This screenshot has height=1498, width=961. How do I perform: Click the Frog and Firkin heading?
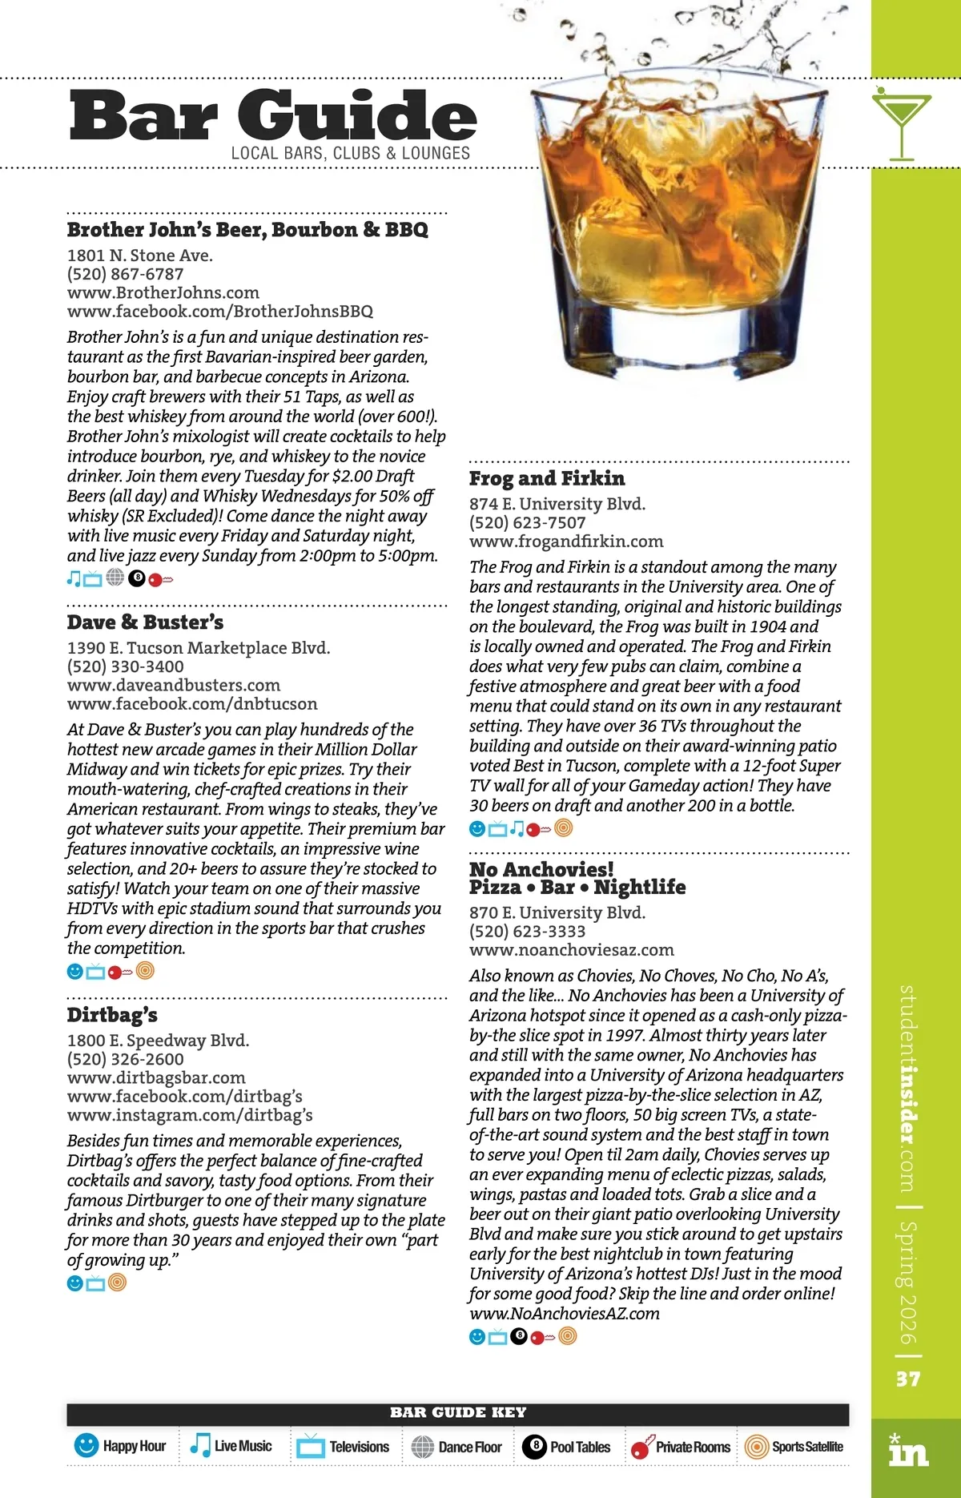point(547,478)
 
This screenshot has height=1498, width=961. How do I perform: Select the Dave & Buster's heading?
point(145,622)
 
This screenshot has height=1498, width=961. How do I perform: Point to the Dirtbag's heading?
point(112,1015)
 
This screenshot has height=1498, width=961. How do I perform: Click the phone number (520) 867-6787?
point(126,274)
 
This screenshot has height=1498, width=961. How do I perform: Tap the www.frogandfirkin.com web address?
point(566,541)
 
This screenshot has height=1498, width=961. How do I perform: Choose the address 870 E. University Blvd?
point(557,912)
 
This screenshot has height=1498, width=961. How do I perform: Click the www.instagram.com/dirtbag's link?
point(190,1115)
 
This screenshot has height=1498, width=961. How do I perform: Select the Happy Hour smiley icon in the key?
point(86,1445)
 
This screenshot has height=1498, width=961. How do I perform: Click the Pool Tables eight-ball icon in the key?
point(535,1446)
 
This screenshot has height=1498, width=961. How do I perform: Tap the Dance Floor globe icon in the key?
point(422,1446)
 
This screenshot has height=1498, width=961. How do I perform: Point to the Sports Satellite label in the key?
point(807,1447)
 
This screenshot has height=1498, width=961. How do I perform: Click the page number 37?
point(908,1379)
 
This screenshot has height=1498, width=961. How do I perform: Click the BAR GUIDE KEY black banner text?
point(458,1412)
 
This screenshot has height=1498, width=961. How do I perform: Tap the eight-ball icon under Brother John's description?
point(137,578)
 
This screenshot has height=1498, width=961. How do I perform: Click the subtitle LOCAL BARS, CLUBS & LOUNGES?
point(350,153)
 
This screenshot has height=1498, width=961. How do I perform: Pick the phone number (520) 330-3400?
point(126,666)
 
